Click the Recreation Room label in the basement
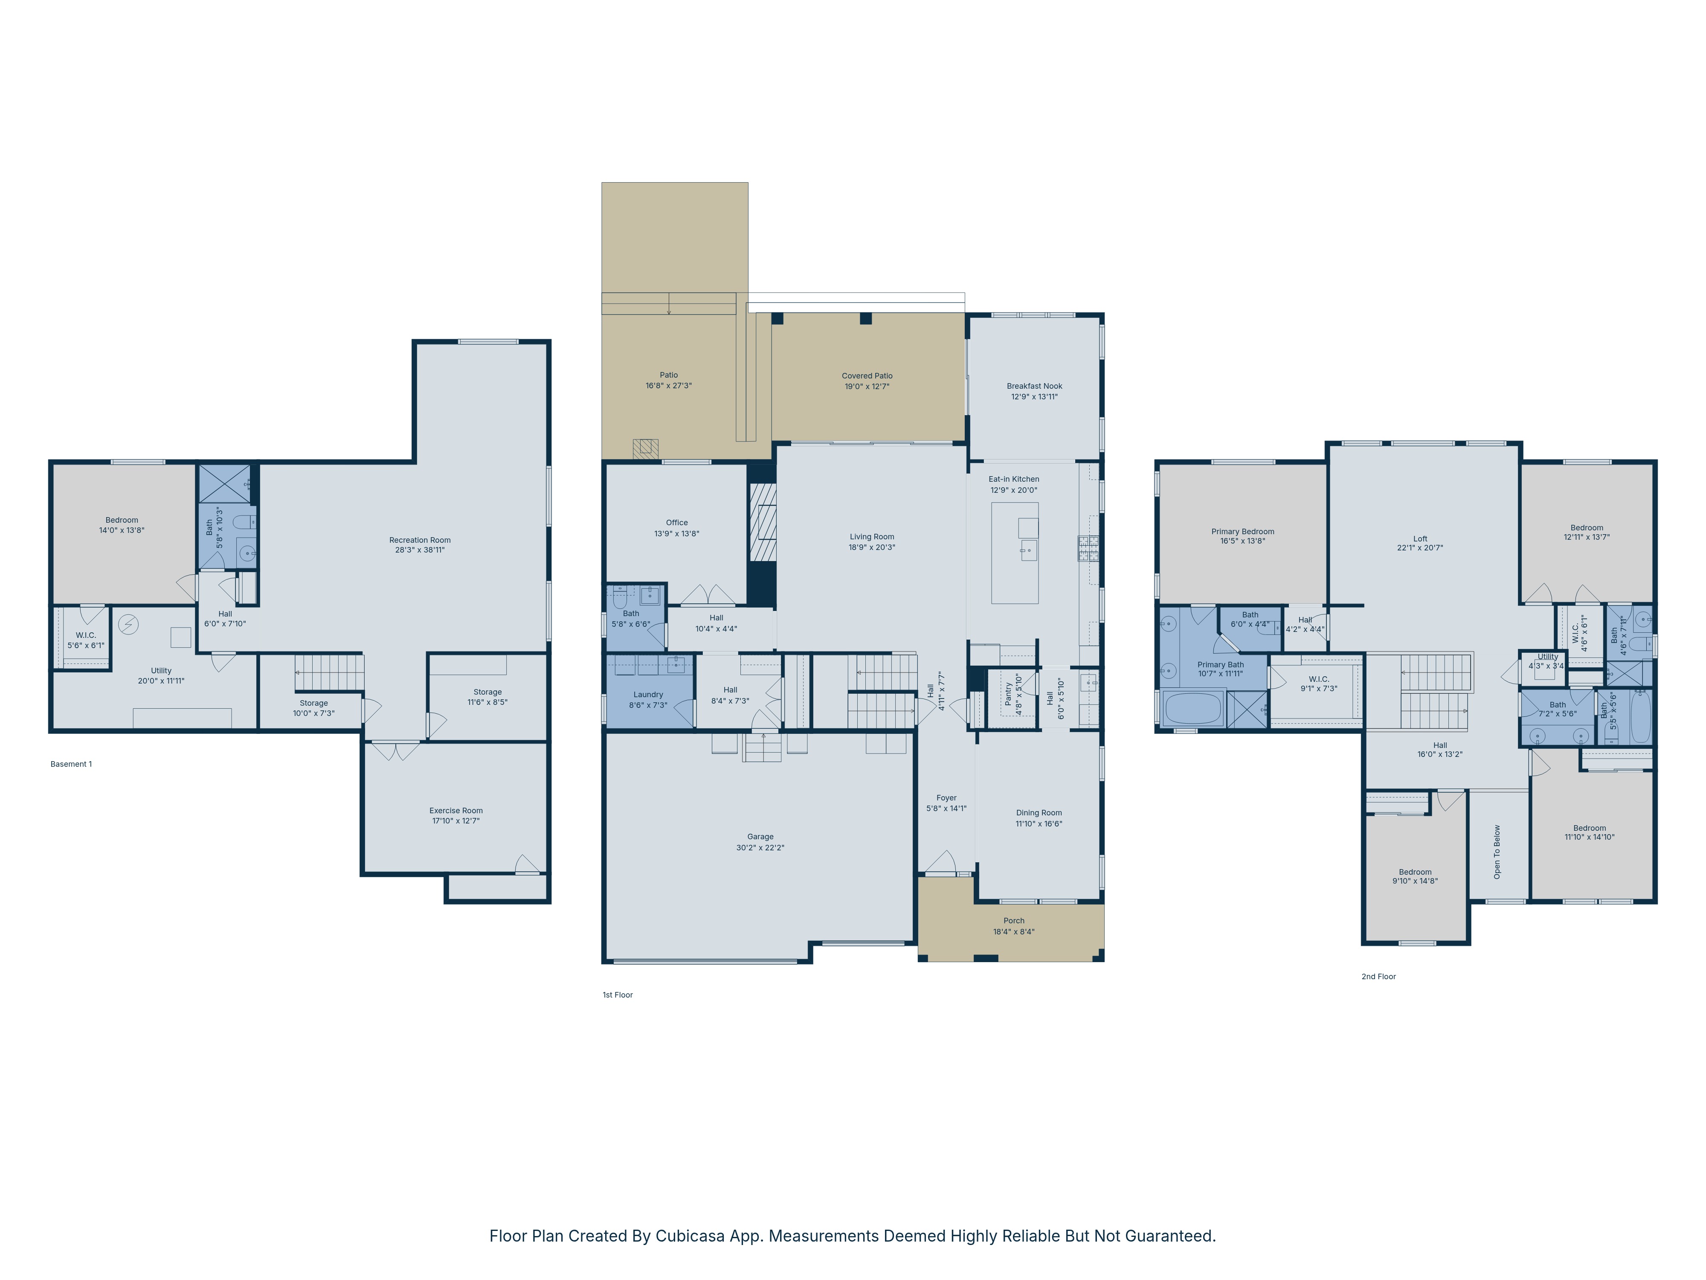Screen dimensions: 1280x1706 tap(420, 540)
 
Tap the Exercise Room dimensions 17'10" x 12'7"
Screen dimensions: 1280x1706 tap(456, 821)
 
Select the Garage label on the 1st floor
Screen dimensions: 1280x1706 tap(760, 836)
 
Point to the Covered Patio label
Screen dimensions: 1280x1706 tap(867, 376)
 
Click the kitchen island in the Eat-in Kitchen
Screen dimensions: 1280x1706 tap(1014, 553)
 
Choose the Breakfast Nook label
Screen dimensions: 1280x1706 tap(1034, 386)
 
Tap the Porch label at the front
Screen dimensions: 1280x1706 tap(1013, 920)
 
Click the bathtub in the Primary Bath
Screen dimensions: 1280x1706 tap(1192, 708)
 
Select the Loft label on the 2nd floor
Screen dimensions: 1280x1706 tap(1420, 538)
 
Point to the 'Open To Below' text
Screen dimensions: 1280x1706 tap(1497, 852)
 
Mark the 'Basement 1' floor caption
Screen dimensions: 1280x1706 tap(71, 764)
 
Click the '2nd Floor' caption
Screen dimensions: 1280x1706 tap(1378, 976)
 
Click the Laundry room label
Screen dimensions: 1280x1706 tap(648, 694)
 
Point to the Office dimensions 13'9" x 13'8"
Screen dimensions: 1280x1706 tap(676, 533)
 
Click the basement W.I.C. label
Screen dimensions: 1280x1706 tap(86, 635)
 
